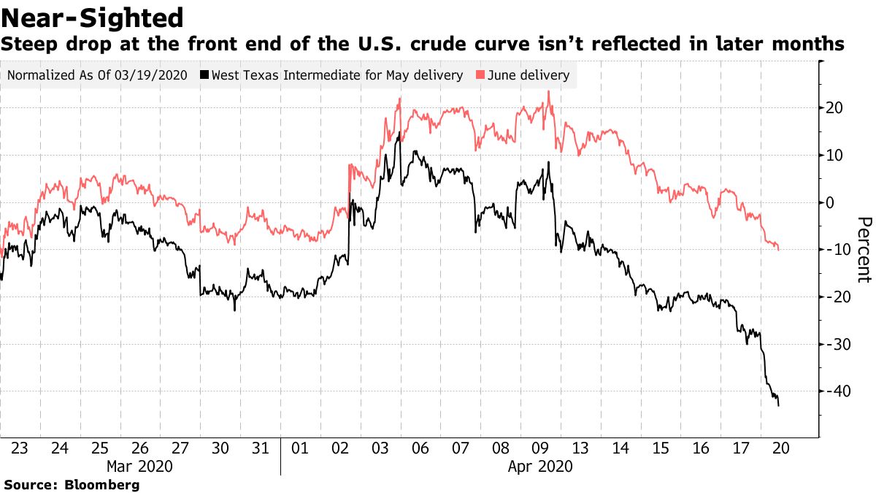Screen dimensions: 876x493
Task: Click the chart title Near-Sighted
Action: pos(92,18)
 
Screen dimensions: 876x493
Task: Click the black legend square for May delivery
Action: pos(204,74)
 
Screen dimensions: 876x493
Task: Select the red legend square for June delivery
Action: pos(480,74)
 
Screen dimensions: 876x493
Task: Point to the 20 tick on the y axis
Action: pos(834,107)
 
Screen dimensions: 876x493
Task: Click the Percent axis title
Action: pos(864,250)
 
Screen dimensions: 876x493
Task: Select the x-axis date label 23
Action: pos(20,448)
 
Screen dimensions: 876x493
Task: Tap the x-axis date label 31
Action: pos(260,448)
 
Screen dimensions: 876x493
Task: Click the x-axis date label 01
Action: pos(300,448)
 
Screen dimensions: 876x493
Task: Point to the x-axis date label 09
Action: pos(540,448)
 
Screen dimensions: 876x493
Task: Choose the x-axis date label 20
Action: pos(781,448)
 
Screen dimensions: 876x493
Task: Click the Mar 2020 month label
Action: pos(139,467)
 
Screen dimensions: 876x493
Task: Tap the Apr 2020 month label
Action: pos(540,467)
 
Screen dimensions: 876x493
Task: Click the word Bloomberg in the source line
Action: pos(101,484)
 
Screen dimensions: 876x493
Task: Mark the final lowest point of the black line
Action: pos(778,406)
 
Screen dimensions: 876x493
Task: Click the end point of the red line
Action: pos(778,250)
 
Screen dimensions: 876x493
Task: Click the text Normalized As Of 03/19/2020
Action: pos(97,74)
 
